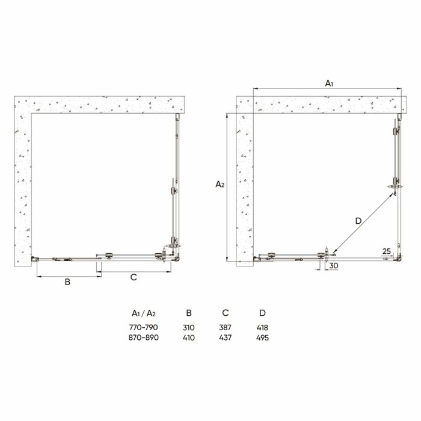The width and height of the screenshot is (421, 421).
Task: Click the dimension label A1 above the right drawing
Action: tap(329, 84)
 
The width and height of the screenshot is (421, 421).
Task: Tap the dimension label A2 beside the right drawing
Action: tap(220, 185)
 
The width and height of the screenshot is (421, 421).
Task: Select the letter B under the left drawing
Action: tap(68, 281)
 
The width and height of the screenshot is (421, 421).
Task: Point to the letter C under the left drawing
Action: tap(134, 277)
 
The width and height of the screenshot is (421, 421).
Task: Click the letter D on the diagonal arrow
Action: tap(358, 221)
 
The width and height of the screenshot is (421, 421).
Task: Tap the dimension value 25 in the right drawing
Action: tap(386, 251)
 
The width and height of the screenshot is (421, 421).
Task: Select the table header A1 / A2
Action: tap(144, 313)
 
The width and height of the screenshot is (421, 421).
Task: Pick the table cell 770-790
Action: tap(144, 328)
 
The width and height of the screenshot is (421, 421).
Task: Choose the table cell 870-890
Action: tap(144, 338)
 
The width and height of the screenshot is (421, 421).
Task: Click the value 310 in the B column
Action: tap(189, 328)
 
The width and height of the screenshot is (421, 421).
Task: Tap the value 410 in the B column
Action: tap(189, 338)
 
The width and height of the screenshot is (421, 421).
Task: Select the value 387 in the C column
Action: tap(226, 328)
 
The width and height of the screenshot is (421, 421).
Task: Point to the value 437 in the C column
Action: tap(226, 338)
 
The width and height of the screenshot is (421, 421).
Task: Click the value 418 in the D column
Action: tap(262, 328)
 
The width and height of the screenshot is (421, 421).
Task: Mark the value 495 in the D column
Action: tap(262, 338)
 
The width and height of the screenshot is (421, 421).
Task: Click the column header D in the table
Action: tap(262, 313)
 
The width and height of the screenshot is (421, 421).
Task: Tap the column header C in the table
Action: tap(226, 313)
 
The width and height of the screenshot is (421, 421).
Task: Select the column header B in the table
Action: tap(189, 313)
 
